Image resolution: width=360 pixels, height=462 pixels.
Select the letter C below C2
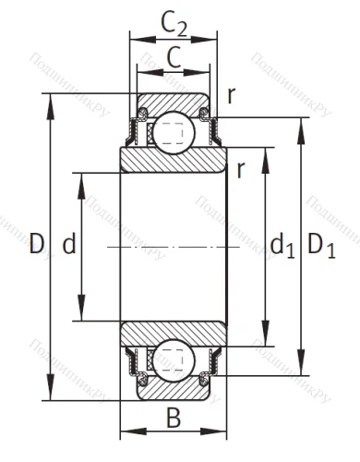pos(174,57)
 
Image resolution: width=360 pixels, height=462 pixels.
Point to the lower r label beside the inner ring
pos(239,169)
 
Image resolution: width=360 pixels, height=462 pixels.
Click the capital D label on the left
pos(36,245)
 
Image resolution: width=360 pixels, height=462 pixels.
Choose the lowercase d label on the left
pos(67,246)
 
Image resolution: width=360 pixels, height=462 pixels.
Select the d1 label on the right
pos(281,247)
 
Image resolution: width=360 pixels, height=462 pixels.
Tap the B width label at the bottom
pos(174,419)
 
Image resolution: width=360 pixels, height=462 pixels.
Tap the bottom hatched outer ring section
pos(174,391)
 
